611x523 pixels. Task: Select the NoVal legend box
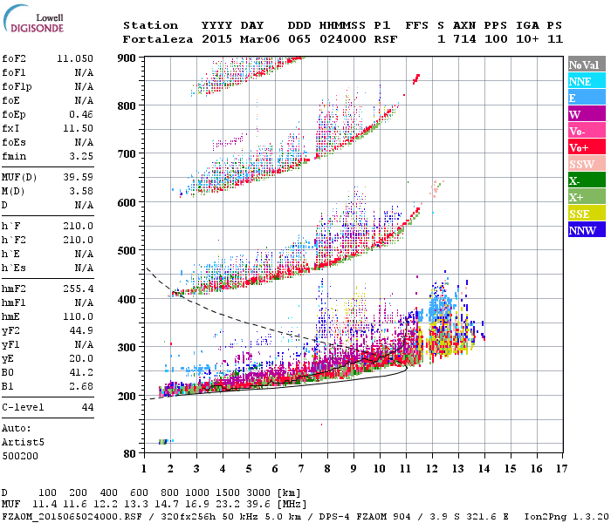click(x=586, y=65)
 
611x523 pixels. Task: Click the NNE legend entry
click(x=586, y=81)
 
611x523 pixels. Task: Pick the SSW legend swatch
click(x=586, y=164)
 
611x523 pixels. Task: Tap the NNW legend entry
click(x=586, y=230)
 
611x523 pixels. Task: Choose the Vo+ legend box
click(x=586, y=147)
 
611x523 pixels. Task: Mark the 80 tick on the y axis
click(x=130, y=453)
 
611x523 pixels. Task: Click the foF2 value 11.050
click(x=75, y=58)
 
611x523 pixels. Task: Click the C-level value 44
click(x=87, y=407)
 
